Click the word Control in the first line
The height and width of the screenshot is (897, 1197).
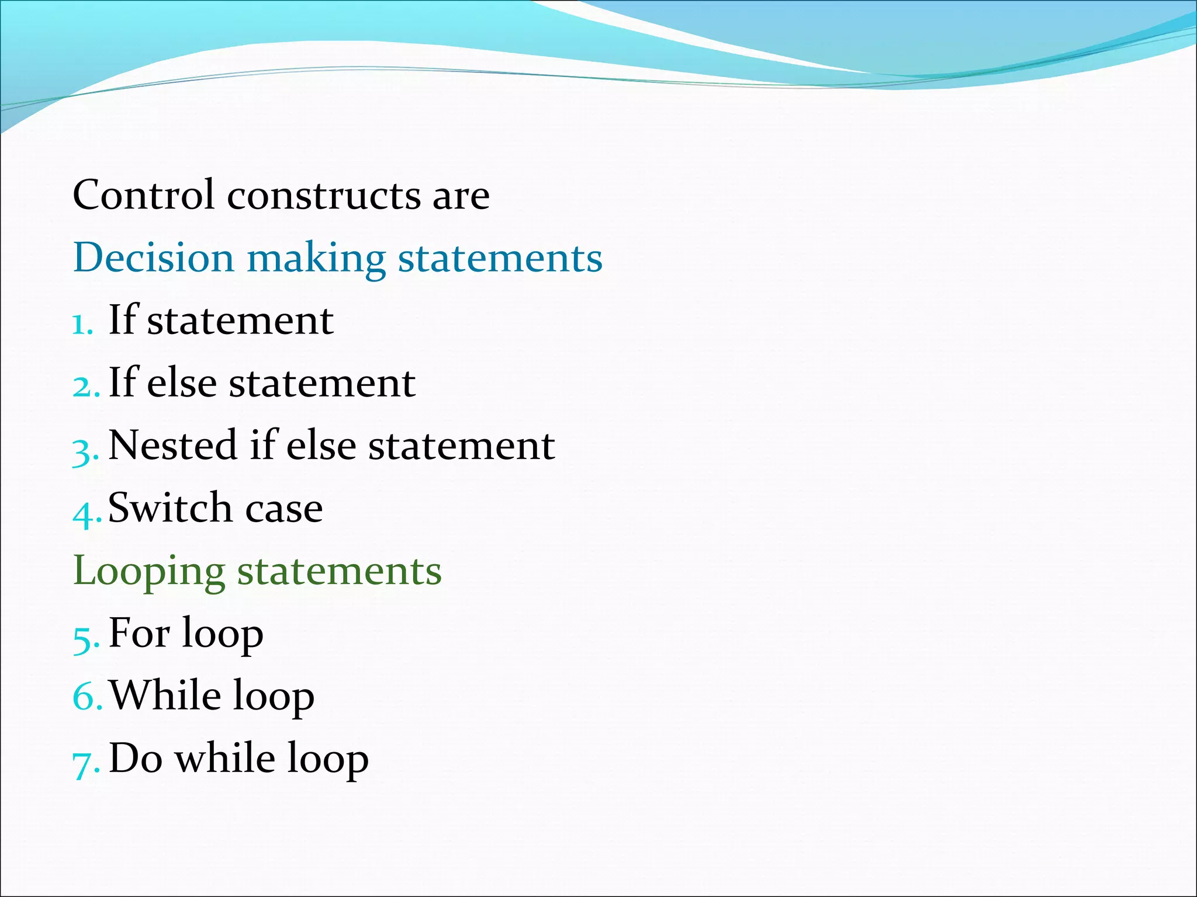tap(143, 195)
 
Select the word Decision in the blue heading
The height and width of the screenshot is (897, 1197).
tap(153, 258)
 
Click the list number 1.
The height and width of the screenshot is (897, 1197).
tap(81, 324)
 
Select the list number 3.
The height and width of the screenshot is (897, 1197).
tap(84, 450)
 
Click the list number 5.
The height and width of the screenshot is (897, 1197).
tap(85, 638)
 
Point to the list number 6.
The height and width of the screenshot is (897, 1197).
tap(86, 697)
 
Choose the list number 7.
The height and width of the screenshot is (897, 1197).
tap(85, 763)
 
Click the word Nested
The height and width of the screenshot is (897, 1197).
tap(173, 446)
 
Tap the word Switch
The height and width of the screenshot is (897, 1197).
tap(170, 507)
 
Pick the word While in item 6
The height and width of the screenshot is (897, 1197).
tap(165, 696)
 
